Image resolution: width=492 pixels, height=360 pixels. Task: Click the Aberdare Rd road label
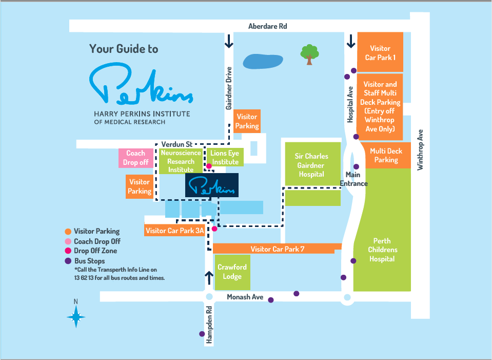coord(268,26)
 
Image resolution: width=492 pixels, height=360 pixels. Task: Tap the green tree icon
coord(309,54)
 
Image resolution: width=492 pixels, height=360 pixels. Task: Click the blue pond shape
coord(263,61)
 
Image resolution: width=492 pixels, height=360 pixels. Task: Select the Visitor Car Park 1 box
coord(380,52)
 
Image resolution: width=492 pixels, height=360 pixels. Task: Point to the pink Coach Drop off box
coord(136,158)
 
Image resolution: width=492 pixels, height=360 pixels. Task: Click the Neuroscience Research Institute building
coord(181,161)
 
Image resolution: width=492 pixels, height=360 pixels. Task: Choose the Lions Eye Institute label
coord(225,157)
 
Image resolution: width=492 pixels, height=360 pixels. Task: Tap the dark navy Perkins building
coord(212,185)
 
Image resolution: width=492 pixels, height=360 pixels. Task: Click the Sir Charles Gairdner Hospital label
coord(311,165)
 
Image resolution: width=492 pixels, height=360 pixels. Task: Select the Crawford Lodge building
coord(232,272)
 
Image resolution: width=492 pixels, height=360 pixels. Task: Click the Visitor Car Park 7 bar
coord(277,249)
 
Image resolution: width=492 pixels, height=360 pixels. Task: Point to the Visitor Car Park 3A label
coord(175,231)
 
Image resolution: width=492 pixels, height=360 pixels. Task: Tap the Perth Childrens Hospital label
coord(383,250)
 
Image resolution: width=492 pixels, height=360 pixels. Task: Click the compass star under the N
coord(76,317)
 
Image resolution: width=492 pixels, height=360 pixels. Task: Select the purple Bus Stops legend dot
coord(68,261)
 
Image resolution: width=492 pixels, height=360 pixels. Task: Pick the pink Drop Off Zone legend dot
coord(68,251)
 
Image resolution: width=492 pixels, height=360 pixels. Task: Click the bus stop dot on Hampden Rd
coord(202,334)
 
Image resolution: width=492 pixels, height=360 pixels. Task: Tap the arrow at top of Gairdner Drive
coord(229,41)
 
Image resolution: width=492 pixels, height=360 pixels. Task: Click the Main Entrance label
coord(353,179)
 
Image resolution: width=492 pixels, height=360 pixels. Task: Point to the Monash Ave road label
coord(245,297)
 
